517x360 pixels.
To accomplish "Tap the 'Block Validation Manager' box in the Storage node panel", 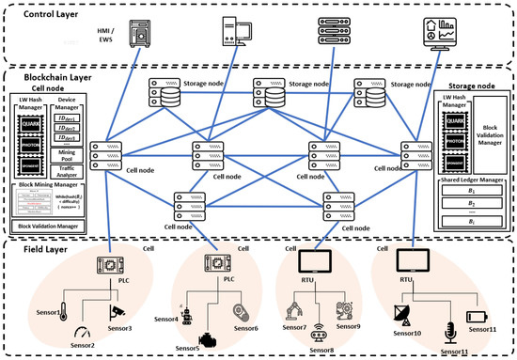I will tap(481, 129).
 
